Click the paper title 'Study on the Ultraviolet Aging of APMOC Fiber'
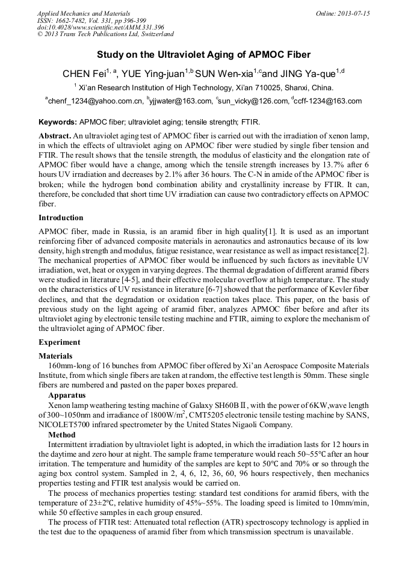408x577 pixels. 203,55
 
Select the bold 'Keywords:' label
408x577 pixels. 58,122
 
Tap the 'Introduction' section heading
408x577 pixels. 61,218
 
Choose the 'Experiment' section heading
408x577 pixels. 59,342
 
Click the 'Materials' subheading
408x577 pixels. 55,356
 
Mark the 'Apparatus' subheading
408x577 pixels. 67,396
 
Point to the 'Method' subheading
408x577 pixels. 61,434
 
